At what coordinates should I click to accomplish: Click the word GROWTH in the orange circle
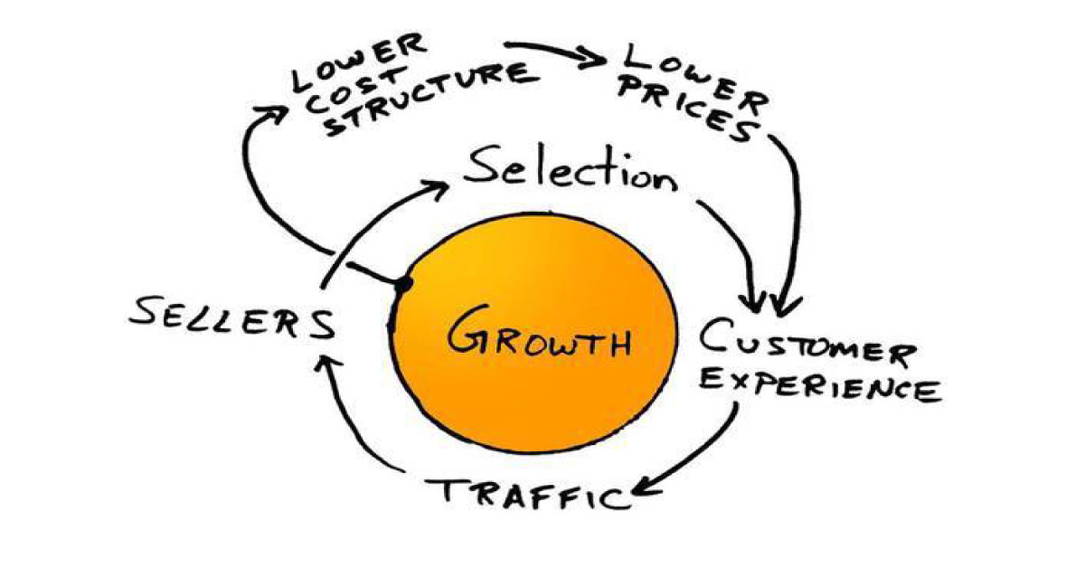point(539,335)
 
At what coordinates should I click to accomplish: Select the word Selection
point(571,171)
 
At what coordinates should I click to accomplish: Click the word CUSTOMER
point(807,342)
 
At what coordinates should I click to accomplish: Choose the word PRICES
point(690,110)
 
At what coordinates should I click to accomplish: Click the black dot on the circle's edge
point(403,284)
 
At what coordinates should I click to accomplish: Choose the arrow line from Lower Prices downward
point(795,213)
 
